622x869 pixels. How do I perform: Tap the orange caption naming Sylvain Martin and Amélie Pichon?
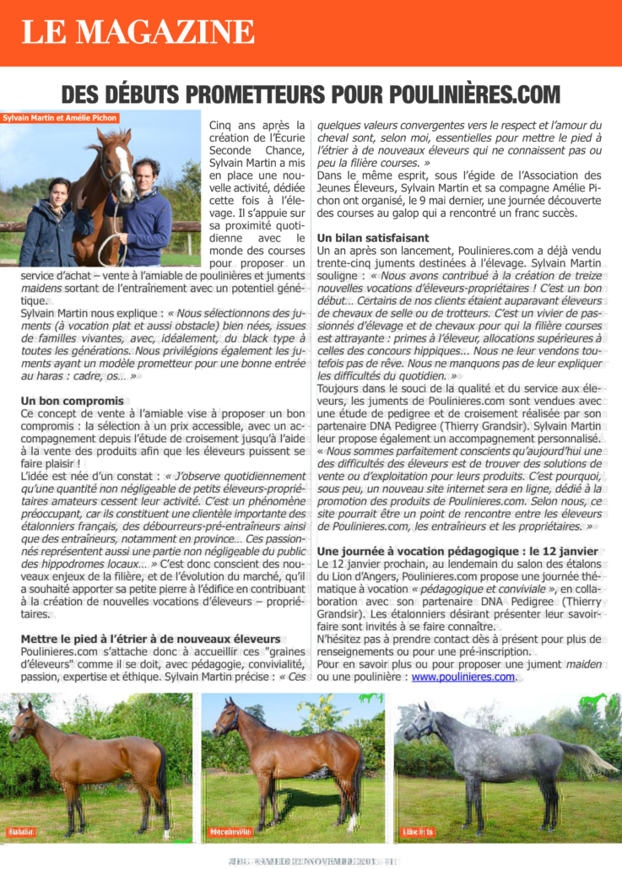click(x=60, y=118)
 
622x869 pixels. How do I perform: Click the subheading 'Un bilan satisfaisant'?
click(x=373, y=238)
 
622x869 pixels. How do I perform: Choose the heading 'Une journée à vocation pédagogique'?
click(x=457, y=551)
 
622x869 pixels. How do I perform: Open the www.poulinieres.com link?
click(x=462, y=677)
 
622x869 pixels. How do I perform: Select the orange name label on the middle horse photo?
click(x=230, y=832)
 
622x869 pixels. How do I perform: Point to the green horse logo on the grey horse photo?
click(x=595, y=700)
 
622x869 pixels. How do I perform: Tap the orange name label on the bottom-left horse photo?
click(x=21, y=832)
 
